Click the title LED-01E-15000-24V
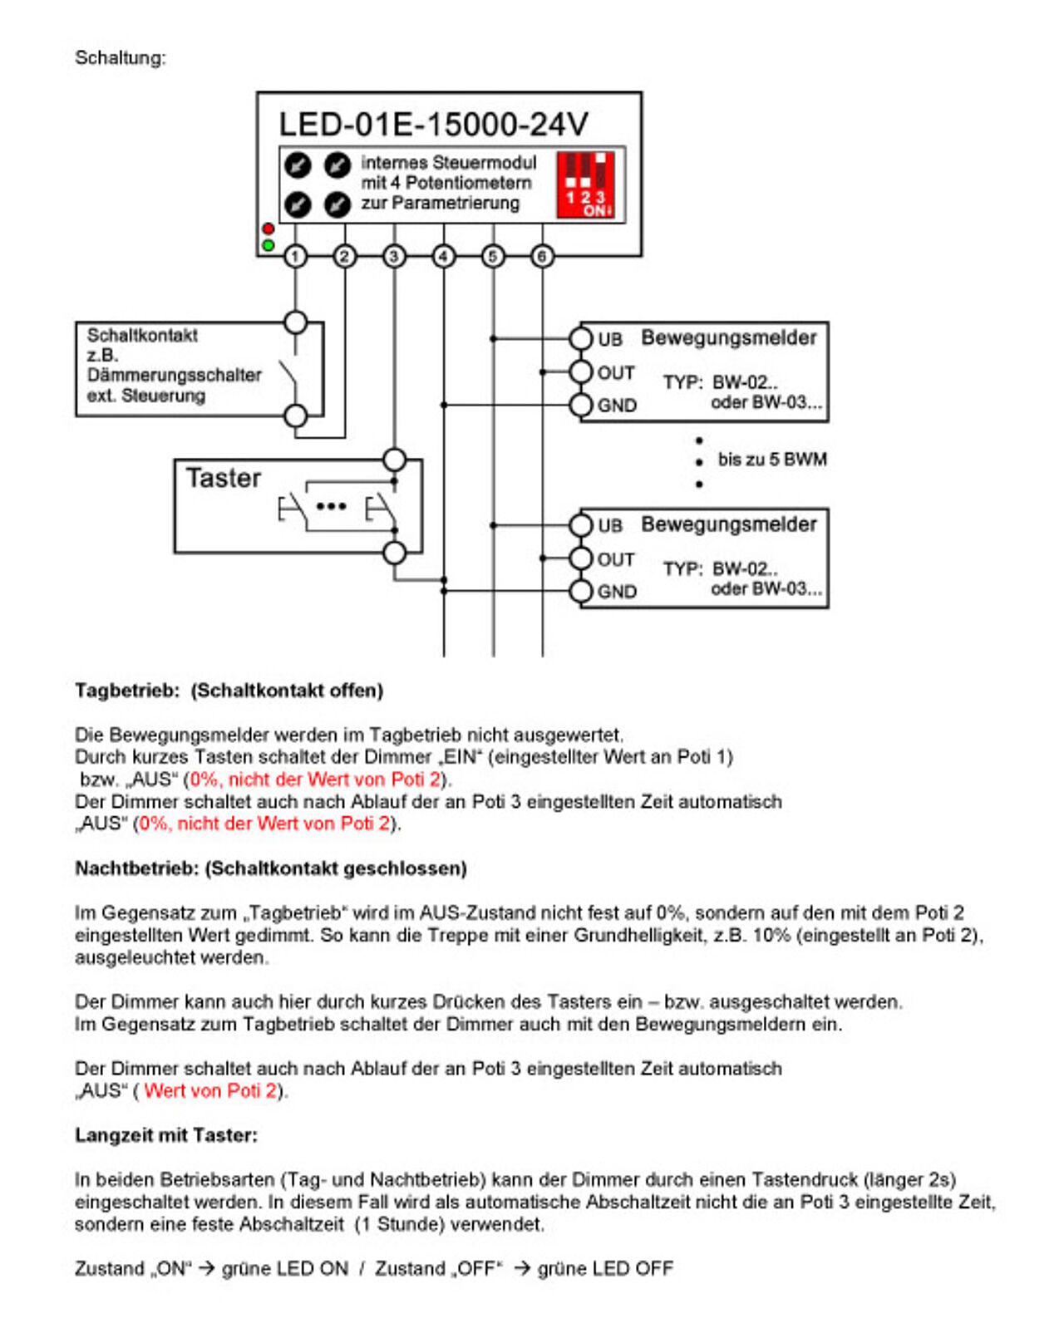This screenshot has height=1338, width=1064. [433, 125]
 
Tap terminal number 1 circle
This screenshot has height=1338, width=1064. [295, 256]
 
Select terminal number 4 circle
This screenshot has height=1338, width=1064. [444, 256]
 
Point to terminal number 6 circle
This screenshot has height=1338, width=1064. [542, 256]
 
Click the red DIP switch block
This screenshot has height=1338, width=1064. [586, 184]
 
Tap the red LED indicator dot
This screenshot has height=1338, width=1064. [268, 229]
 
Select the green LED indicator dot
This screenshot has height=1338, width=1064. [268, 245]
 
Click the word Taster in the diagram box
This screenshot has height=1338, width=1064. [223, 479]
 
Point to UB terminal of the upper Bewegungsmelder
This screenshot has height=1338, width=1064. [580, 338]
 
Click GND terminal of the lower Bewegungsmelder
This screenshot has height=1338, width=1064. [580, 591]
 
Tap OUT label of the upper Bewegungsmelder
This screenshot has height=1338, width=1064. [616, 373]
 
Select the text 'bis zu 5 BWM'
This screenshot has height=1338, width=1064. [772, 460]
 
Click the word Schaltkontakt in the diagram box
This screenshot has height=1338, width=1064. [142, 335]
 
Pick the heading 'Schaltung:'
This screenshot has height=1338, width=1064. [121, 57]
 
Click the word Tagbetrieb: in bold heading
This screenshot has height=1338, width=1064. [127, 691]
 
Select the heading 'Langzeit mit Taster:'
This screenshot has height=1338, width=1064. [166, 1135]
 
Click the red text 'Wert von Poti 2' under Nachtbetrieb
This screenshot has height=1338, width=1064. [210, 1090]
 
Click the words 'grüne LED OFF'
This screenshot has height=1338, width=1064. [605, 1269]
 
